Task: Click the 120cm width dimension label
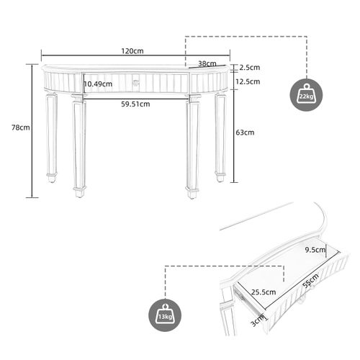pos(132,51)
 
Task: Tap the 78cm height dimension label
pos(21,127)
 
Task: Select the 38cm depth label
pos(207,63)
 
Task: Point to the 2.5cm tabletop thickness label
pos(250,68)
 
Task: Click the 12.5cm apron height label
pos(249,82)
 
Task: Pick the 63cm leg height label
pos(245,132)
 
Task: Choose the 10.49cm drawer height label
pos(98,84)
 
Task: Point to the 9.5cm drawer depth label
pos(315,251)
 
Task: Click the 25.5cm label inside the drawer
pos(264,292)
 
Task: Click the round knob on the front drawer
pos(135,83)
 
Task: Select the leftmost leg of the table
pos(52,137)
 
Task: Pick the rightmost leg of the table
pos(220,137)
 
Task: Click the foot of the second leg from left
pos(79,192)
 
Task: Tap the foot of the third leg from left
pos(192,192)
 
